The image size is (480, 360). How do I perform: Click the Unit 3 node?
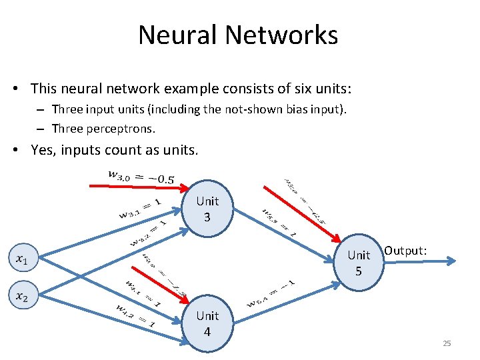[207, 207]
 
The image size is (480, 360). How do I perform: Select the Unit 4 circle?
[207, 323]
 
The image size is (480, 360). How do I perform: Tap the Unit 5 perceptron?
[359, 262]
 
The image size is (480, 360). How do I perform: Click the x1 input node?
[22, 258]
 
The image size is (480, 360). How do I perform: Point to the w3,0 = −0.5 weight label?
[141, 177]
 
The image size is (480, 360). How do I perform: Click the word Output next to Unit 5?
[406, 251]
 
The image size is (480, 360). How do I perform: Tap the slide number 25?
[447, 343]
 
